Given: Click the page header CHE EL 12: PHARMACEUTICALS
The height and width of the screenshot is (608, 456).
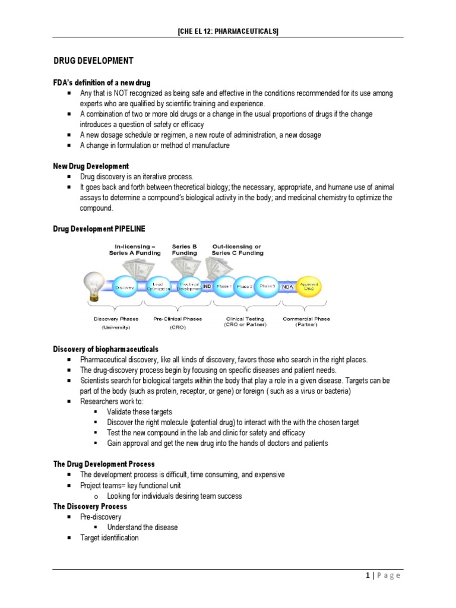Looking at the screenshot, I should (x=228, y=31).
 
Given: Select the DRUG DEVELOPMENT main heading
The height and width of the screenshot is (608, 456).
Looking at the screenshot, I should (x=93, y=61).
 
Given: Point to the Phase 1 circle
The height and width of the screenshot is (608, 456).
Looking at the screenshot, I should (x=224, y=286).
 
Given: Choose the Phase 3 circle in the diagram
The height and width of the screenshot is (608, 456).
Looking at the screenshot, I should (x=267, y=286).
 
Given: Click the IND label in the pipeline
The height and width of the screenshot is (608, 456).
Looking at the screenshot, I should (x=207, y=286).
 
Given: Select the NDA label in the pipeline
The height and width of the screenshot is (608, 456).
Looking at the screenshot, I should (x=288, y=286).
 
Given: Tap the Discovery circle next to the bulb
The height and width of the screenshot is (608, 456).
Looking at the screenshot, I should (x=125, y=287).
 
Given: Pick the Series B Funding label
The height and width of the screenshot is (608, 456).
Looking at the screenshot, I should (x=184, y=249).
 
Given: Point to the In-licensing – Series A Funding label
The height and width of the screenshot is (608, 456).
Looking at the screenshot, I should (x=135, y=249).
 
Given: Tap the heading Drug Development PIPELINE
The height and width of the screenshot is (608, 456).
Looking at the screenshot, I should (x=99, y=228).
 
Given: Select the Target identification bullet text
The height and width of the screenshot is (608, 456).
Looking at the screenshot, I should (x=109, y=538).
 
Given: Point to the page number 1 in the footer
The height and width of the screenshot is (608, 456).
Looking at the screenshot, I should (x=369, y=575).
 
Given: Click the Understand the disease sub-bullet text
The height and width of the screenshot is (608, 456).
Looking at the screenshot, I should (x=142, y=527).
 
